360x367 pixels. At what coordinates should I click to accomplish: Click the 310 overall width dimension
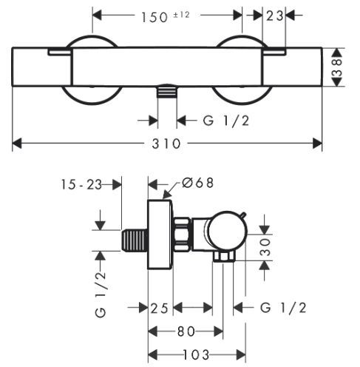(166, 144)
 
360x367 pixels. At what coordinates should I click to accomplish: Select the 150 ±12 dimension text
(166, 17)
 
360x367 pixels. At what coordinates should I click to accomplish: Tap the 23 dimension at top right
(274, 16)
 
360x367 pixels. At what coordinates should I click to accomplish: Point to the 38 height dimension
(337, 67)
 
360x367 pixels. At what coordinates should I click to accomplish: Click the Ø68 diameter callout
(197, 183)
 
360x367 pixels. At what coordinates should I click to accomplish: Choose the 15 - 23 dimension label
(81, 184)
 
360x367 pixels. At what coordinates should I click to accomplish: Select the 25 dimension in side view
(160, 308)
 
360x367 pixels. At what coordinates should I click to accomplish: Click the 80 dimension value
(186, 331)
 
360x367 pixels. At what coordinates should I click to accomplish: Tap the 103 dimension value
(196, 355)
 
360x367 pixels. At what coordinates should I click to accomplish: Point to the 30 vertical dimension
(265, 246)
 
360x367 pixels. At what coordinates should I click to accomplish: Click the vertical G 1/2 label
(101, 294)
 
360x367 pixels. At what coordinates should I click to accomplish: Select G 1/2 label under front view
(226, 121)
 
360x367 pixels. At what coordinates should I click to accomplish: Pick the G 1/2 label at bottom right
(283, 308)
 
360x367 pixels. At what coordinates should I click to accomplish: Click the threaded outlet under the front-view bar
(167, 91)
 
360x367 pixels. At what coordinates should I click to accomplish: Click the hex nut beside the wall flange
(183, 235)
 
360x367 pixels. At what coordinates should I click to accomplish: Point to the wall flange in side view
(160, 235)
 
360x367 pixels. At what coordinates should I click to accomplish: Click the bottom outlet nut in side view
(223, 257)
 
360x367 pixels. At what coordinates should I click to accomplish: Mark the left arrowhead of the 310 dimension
(17, 144)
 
